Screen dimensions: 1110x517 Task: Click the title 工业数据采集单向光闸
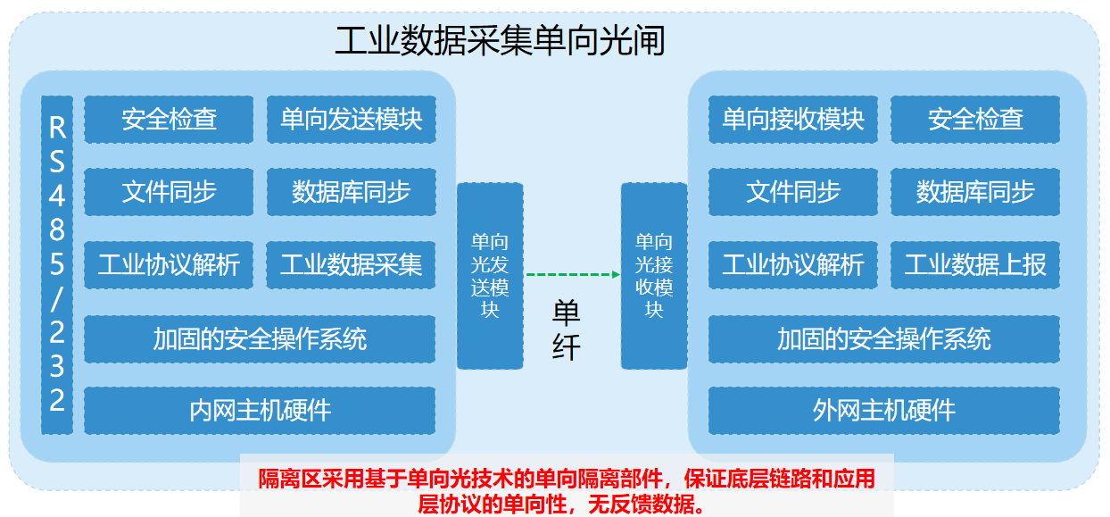500,41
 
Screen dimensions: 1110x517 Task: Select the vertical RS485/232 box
57,264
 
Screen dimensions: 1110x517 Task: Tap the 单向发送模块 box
352,120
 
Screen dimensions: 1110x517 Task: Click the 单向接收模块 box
793,120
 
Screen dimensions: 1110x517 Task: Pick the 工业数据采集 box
351,264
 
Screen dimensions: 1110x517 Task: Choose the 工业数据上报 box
975,264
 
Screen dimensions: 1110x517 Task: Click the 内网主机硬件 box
260,411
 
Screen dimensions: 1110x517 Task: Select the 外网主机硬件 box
884,411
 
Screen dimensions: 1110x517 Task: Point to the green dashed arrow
573,274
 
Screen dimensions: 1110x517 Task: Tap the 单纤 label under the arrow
566,329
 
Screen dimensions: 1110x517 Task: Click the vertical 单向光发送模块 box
490,276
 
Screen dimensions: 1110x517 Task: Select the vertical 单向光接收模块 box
654,276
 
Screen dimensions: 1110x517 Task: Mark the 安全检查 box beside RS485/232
169,120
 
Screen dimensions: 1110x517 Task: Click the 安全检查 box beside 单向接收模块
975,120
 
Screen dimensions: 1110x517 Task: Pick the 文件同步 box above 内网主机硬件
169,192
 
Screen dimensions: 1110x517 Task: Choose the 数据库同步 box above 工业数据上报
975,192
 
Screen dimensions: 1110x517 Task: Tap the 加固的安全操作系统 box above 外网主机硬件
884,339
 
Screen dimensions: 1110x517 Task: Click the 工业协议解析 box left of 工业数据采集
169,264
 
